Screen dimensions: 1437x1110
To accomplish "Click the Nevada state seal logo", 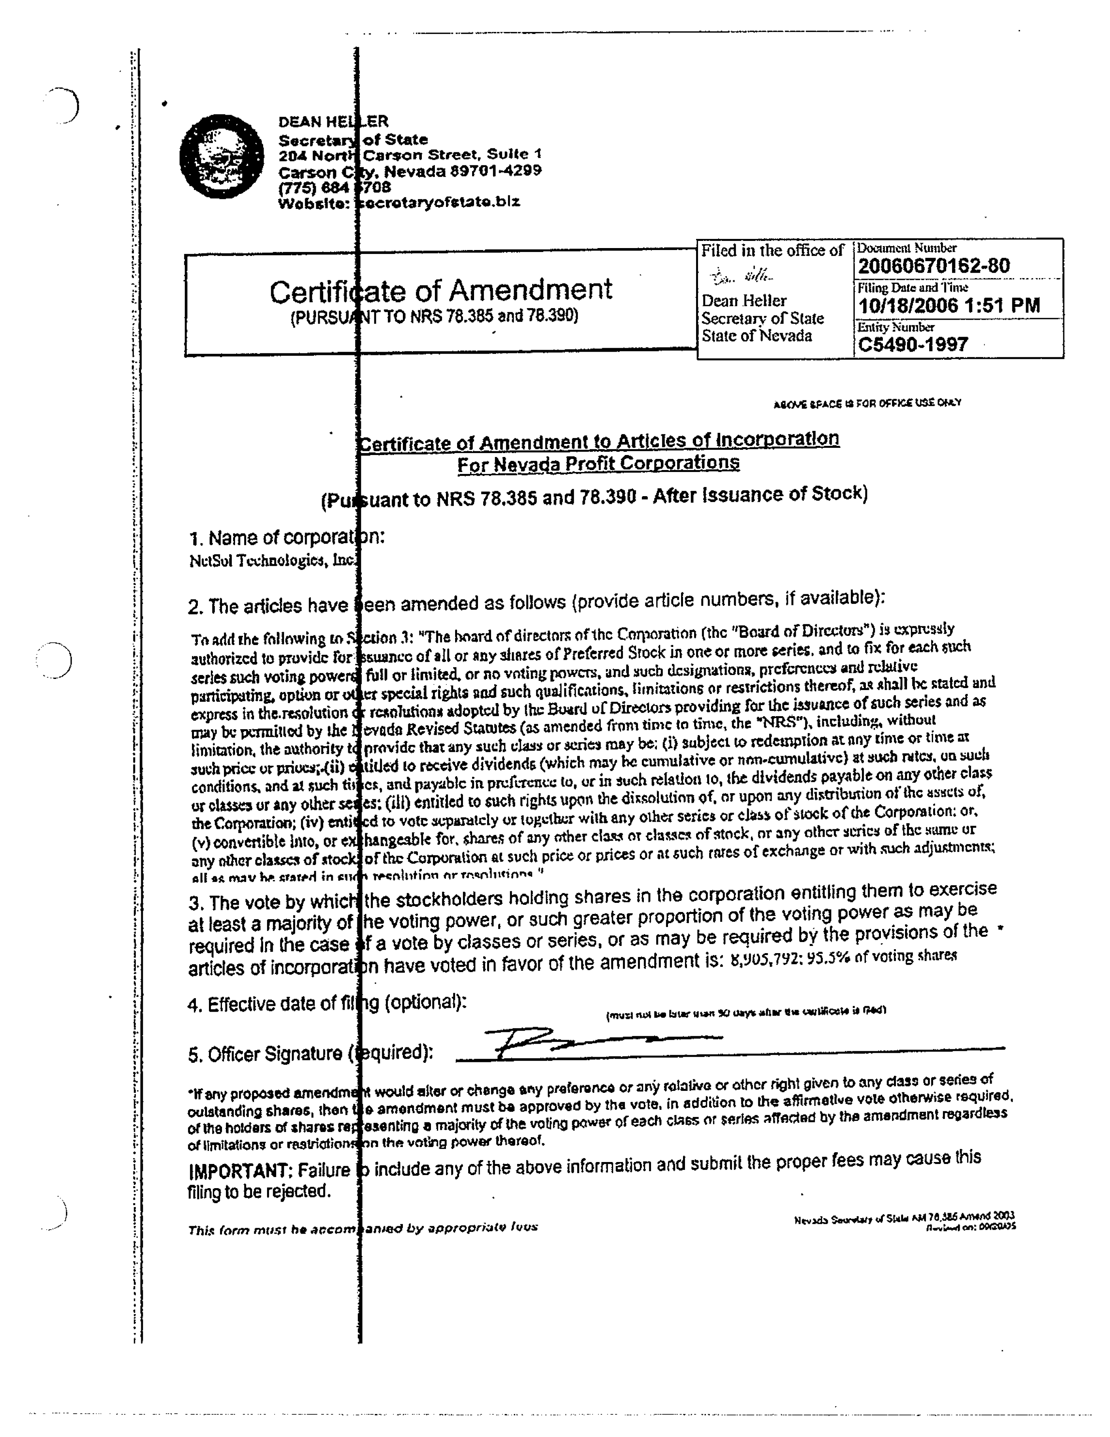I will click(x=221, y=157).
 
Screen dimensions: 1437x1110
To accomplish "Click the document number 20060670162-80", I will click(x=933, y=266).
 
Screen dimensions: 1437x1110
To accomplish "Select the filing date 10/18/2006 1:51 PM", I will click(x=949, y=305).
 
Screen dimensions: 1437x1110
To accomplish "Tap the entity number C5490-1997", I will click(x=912, y=344).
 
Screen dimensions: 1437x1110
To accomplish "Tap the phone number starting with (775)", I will click(x=335, y=187).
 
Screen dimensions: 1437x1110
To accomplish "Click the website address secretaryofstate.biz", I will click(x=438, y=202).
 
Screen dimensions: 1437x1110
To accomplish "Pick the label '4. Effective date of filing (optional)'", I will click(x=327, y=1004).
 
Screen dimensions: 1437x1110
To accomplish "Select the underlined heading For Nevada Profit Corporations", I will click(x=598, y=464).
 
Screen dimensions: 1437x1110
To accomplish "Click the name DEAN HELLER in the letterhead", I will click(x=333, y=122).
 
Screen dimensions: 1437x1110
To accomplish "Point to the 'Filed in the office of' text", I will click(x=772, y=251).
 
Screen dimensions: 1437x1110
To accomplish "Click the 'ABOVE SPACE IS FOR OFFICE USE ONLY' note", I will click(x=867, y=403).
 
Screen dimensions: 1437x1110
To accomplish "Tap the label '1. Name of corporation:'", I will click(x=286, y=538).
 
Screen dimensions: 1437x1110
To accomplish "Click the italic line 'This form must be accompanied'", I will click(x=362, y=1228).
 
